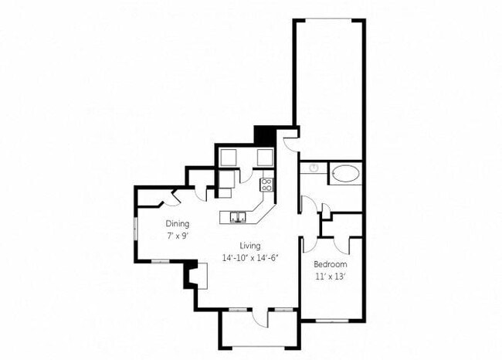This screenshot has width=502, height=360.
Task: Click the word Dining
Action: [x=177, y=225]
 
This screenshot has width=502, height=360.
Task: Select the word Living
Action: [x=249, y=246]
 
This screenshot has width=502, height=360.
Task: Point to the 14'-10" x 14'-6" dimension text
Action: [x=249, y=257]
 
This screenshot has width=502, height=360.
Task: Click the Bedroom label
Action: [x=331, y=264]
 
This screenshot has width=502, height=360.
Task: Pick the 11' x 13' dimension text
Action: [x=331, y=275]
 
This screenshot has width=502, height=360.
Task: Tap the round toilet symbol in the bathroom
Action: [x=314, y=168]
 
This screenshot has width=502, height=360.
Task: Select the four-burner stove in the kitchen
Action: [x=267, y=184]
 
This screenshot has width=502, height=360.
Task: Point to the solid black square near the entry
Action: [x=264, y=134]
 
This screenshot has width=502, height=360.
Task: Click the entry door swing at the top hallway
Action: [x=288, y=142]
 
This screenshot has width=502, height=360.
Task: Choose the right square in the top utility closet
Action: [x=264, y=158]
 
